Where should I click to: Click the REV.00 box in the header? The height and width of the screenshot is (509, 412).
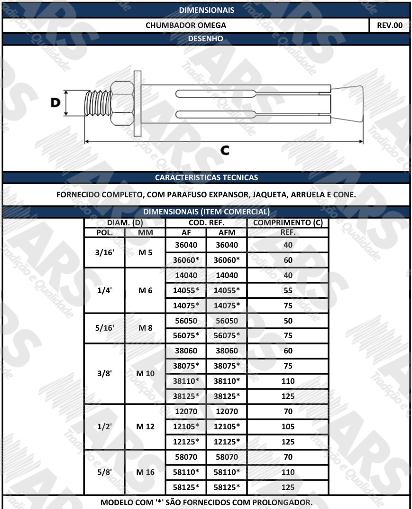389,25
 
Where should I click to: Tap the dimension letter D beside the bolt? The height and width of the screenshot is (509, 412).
55,102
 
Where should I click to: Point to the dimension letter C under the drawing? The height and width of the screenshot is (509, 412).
225,150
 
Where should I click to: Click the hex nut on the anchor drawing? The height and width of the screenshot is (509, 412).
122,104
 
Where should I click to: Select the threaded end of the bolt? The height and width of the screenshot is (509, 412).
97,103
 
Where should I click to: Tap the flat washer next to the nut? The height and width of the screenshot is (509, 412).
137,103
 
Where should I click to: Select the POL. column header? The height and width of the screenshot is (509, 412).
104,233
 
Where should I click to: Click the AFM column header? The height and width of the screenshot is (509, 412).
227,233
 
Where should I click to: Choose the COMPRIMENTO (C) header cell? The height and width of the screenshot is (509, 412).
288,222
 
